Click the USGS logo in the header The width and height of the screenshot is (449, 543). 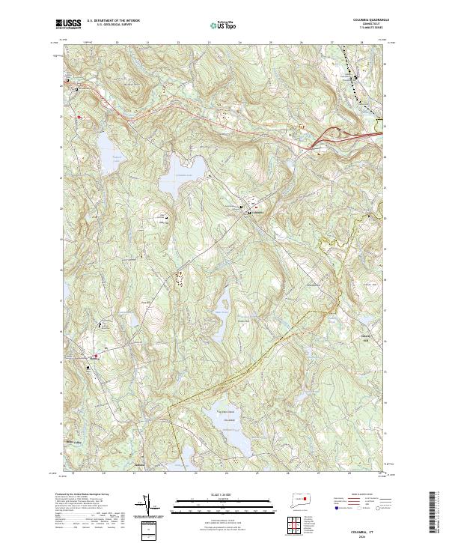69,24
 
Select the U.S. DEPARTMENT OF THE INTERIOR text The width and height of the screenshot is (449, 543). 114,21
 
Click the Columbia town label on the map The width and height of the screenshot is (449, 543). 256,212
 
